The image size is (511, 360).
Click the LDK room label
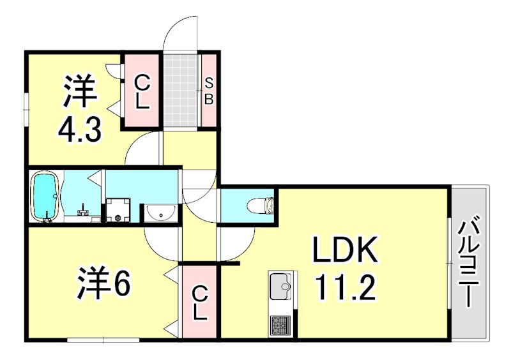[346, 251]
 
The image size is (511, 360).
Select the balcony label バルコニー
[470, 262]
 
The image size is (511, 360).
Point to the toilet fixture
[261, 206]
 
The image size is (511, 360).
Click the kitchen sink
[280, 287]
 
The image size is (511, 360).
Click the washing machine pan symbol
[119, 211]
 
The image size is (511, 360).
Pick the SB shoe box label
[209, 91]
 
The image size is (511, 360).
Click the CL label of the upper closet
[142, 91]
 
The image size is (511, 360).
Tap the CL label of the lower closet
[200, 303]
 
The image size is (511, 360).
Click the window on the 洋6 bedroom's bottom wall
[103, 339]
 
